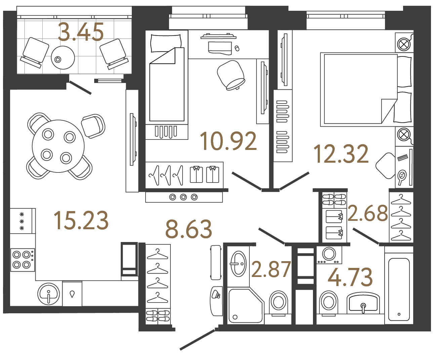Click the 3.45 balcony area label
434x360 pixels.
[81, 32]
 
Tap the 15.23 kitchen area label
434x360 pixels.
[81, 221]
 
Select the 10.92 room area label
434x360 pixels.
[228, 141]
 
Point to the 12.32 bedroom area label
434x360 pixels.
[341, 154]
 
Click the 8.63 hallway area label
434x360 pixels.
[189, 229]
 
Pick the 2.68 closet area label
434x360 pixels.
[367, 213]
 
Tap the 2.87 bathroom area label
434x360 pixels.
[271, 269]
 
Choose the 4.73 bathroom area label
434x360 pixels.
[350, 277]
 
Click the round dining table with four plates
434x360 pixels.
[58, 146]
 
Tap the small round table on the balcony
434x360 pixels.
[63, 58]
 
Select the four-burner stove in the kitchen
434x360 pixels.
[22, 260]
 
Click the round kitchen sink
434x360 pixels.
[49, 293]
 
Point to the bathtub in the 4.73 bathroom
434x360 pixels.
[399, 289]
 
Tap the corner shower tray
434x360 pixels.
[245, 305]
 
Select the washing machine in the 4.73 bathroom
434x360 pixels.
[329, 255]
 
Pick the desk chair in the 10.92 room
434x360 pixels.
[231, 75]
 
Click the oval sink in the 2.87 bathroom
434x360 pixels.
[239, 264]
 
